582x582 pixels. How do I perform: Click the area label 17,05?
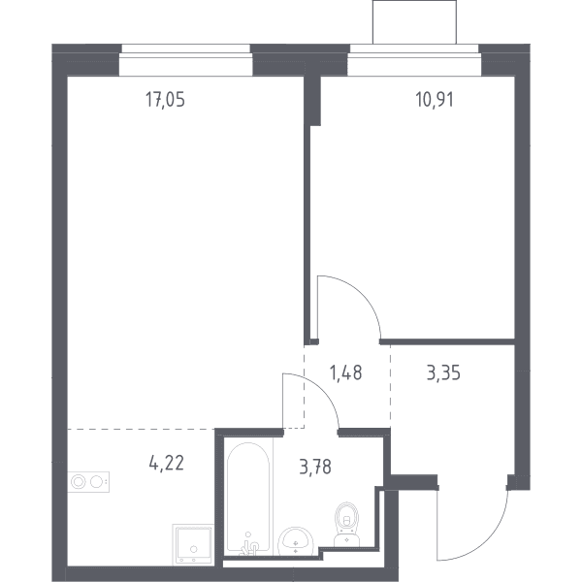[x=165, y=100]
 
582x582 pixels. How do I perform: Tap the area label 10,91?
[x=435, y=100]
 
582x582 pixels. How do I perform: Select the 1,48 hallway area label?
[x=345, y=372]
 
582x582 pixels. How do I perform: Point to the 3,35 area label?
[x=443, y=372]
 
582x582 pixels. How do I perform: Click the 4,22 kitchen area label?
[x=166, y=464]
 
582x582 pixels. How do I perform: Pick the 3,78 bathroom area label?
[x=315, y=467]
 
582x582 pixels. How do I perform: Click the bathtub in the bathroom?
[x=248, y=498]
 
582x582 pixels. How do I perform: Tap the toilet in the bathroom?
[x=346, y=524]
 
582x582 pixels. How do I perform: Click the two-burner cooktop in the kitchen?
[x=88, y=482]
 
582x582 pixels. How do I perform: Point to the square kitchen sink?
[x=193, y=544]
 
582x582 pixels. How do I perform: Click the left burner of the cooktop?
[x=79, y=482]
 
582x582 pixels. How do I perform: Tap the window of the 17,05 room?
[x=186, y=60]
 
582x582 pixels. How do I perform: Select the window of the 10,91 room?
[x=414, y=60]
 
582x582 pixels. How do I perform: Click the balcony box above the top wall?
[x=414, y=22]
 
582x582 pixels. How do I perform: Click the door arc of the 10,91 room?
[x=360, y=293]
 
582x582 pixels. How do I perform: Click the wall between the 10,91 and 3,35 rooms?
[x=447, y=341]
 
